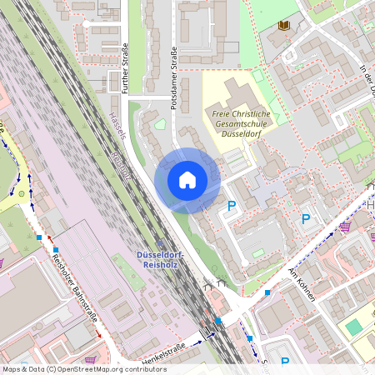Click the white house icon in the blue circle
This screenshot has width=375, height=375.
(187, 180)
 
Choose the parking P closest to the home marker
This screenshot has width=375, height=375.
(232, 205)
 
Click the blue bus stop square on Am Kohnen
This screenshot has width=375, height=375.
(267, 292)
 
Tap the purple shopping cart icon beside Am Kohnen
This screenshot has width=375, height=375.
(344, 226)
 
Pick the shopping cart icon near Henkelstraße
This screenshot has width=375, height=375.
(89, 360)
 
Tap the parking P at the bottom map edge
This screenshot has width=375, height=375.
(284, 362)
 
